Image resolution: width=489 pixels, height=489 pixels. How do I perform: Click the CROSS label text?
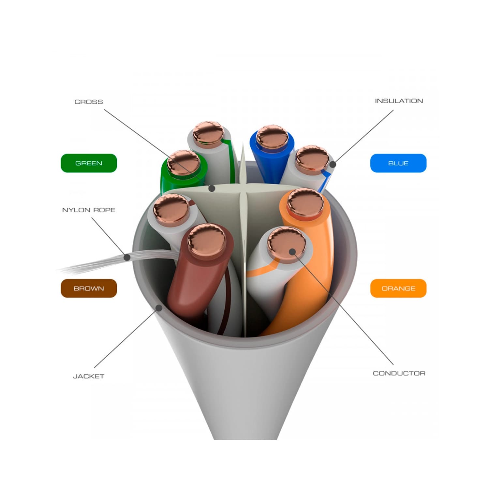pos(89,102)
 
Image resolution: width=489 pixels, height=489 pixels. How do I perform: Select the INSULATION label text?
pos(399,101)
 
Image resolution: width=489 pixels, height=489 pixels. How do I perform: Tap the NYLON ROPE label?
pos(89,210)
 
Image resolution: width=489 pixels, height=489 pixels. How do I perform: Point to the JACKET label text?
pos(89,376)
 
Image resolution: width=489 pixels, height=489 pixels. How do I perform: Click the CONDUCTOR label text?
pos(399,373)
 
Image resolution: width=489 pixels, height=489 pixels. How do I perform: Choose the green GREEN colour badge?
pos(89,163)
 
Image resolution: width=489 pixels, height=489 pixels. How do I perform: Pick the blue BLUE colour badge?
pos(398,163)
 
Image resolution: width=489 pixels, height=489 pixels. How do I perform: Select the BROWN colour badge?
pos(89,288)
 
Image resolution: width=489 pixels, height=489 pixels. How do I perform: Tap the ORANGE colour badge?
pos(398,288)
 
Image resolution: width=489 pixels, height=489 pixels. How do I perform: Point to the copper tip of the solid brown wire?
pos(207,241)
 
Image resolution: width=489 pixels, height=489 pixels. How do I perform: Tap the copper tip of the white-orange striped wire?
pos(286,243)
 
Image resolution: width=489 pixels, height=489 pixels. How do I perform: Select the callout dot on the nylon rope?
pos(127,258)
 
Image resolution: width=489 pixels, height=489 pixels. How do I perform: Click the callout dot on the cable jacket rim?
pos(159,307)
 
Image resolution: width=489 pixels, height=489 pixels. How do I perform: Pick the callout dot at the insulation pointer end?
pos(332,164)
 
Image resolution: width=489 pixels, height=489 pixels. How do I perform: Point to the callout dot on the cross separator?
pos(212,188)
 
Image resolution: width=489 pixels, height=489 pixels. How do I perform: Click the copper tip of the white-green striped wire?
pos(208,133)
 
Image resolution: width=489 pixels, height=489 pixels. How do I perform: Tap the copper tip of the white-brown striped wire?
pos(171,209)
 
